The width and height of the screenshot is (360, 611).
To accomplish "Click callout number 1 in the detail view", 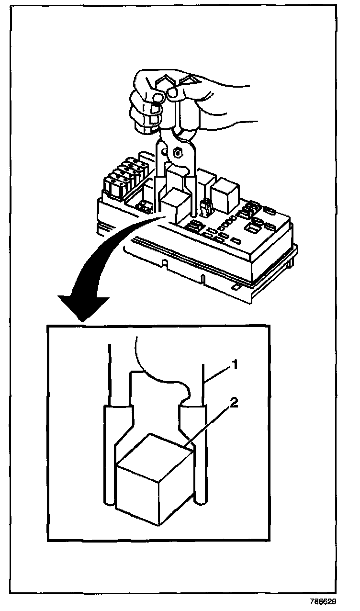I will [x=235, y=365].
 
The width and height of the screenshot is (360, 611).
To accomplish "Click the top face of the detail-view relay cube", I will [x=153, y=453].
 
